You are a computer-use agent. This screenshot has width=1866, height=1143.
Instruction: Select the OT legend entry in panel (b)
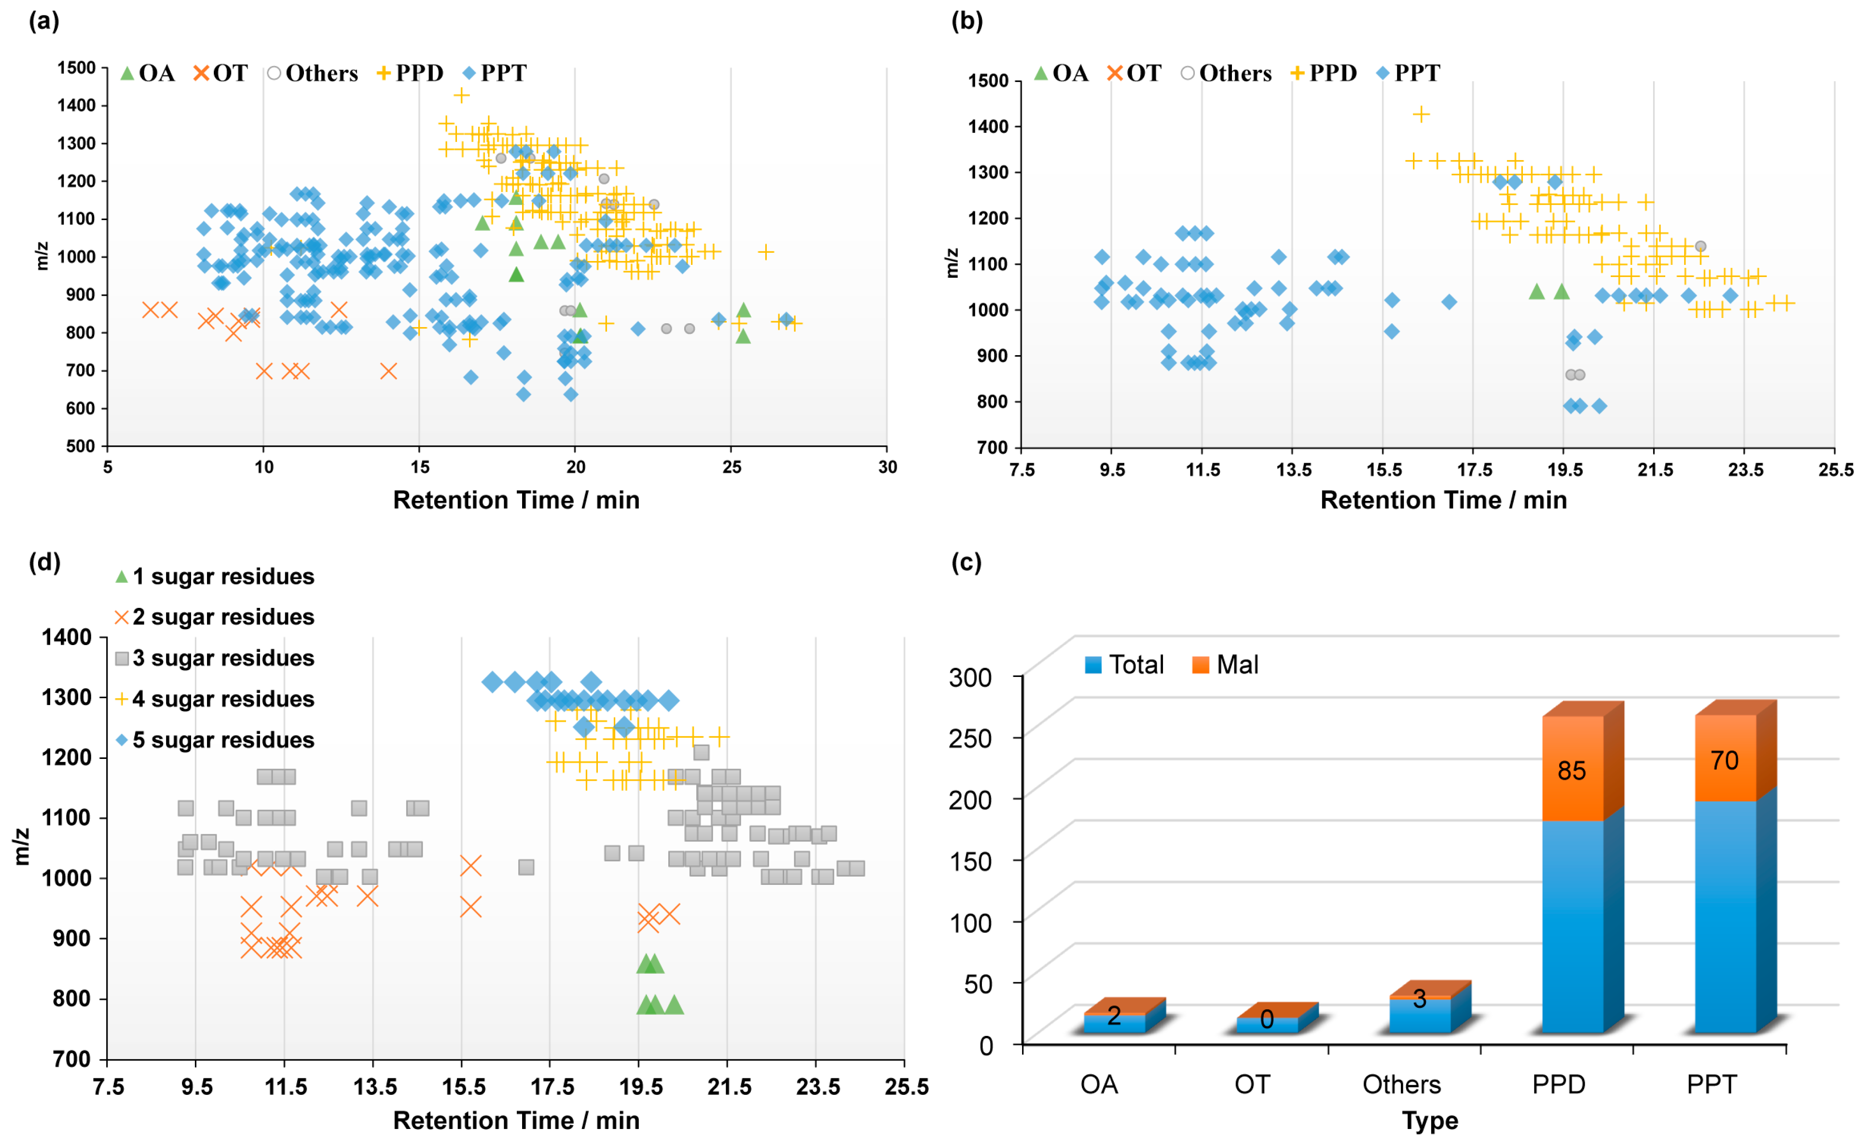pyautogui.click(x=1133, y=73)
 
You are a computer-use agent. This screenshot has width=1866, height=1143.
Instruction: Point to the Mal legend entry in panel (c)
pyautogui.click(x=1225, y=665)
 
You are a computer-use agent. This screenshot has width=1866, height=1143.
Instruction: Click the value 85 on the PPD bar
pyautogui.click(x=1572, y=771)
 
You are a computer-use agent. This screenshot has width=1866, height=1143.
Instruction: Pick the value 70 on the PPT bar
pyautogui.click(x=1725, y=760)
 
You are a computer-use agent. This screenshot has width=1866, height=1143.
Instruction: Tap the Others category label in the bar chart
pyautogui.click(x=1402, y=1085)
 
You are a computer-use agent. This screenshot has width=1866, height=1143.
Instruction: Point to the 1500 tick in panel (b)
pyautogui.click(x=988, y=80)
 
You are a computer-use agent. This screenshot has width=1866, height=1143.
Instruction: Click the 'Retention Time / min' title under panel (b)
pyautogui.click(x=1443, y=500)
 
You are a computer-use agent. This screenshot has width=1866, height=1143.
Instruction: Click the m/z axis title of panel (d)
pyautogui.click(x=23, y=847)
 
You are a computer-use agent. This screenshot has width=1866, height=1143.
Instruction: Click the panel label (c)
pyautogui.click(x=967, y=562)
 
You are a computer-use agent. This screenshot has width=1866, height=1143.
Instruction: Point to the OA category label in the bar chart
pyautogui.click(x=1099, y=1085)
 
